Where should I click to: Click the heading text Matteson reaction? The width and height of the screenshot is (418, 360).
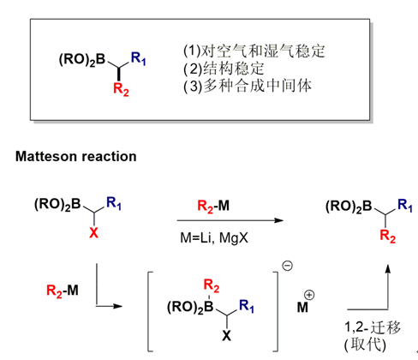[76, 156]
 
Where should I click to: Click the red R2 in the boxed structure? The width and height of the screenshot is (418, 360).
[121, 89]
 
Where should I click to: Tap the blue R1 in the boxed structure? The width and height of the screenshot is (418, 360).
[139, 58]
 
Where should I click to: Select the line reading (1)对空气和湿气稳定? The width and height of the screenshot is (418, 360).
[254, 51]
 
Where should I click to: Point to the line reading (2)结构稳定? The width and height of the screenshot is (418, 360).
[224, 69]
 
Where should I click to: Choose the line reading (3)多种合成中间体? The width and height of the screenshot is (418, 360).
[248, 86]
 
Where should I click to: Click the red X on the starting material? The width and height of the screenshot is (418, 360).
[93, 233]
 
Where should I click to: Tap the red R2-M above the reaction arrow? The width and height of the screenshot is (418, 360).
[213, 206]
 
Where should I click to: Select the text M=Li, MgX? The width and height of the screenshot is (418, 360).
[214, 237]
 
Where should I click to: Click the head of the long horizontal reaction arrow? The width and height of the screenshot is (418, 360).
[279, 220]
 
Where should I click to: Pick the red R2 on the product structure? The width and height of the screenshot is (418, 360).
[388, 237]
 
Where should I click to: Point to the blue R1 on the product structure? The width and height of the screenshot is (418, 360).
[405, 206]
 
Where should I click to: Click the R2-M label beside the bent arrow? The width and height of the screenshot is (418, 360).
[63, 291]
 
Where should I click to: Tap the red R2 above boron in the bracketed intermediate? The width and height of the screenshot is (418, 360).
[212, 285]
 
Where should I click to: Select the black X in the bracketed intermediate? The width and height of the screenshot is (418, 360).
[226, 336]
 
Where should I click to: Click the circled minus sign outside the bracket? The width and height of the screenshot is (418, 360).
[288, 266]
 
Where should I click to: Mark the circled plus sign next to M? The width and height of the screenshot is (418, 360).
[309, 295]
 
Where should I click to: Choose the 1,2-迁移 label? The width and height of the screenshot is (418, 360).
[373, 327]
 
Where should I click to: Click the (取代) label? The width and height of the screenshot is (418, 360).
[365, 345]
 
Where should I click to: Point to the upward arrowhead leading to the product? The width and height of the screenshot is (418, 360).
[388, 269]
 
